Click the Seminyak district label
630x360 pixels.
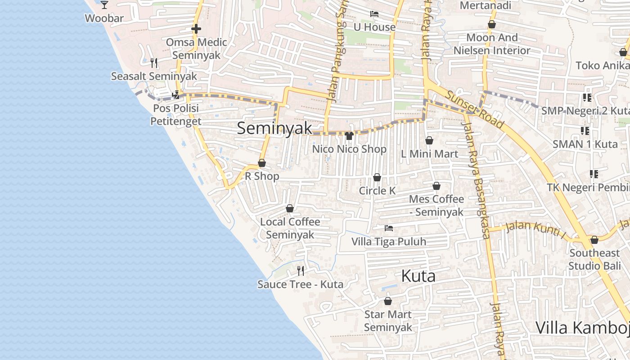tap(274, 128)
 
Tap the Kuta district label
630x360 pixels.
tap(418, 276)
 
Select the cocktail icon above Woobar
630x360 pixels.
tap(104, 5)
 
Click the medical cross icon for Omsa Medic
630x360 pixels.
tap(196, 29)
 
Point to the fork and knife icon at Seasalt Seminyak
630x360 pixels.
tap(154, 62)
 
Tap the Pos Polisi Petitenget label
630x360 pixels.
tap(175, 115)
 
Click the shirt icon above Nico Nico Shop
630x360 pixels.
tap(349, 135)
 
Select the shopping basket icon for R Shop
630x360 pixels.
tap(262, 163)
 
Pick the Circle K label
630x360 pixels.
tap(377, 191)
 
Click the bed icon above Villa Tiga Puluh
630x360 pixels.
tap(388, 228)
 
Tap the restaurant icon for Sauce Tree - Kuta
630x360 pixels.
tap(300, 270)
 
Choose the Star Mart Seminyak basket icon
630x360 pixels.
tap(388, 301)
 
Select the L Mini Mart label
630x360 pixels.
tap(429, 154)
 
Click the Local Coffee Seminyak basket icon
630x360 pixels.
tap(290, 208)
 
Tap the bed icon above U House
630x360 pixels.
tap(374, 14)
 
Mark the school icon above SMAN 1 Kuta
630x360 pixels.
tap(585, 131)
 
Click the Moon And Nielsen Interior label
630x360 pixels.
tap(492, 44)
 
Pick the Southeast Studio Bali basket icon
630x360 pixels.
tap(594, 240)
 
